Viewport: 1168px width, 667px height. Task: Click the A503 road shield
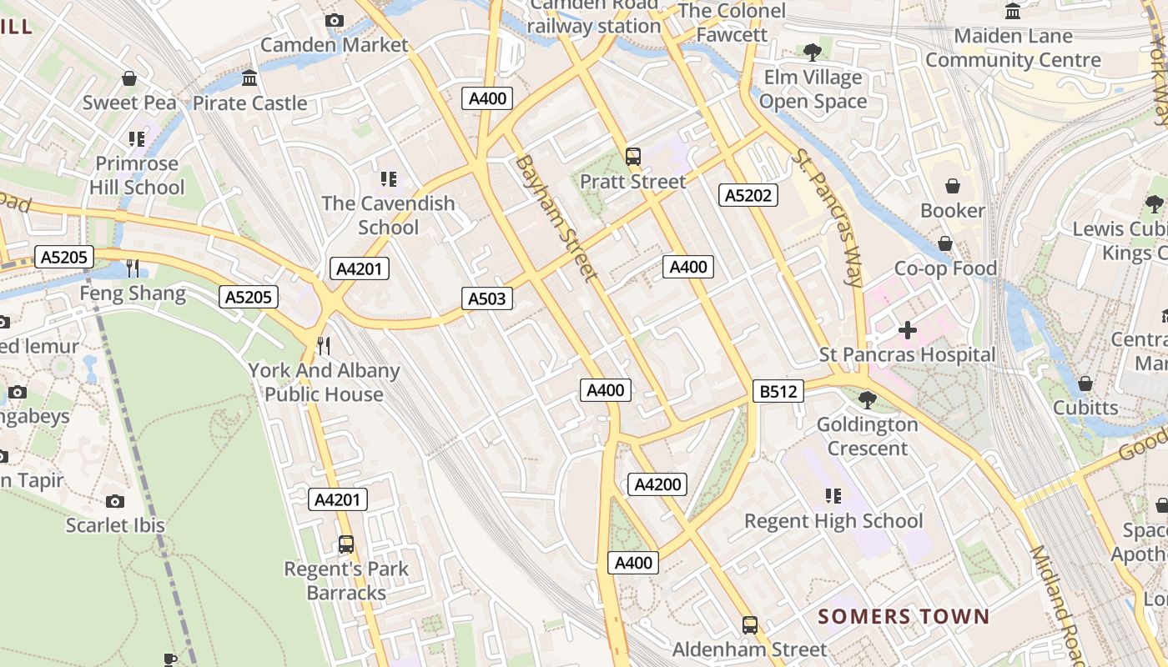tap(487, 298)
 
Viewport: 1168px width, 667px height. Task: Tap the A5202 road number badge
tap(748, 195)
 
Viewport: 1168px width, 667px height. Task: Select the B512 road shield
tap(778, 391)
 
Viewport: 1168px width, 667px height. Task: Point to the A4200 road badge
tap(657, 484)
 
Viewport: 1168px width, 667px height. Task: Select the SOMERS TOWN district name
tap(903, 617)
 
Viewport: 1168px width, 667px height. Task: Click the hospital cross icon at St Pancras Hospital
tap(907, 330)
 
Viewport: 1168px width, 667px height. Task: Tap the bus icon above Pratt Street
tap(633, 156)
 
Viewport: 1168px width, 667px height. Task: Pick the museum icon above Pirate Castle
tap(249, 78)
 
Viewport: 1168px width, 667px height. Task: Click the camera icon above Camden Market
tap(335, 20)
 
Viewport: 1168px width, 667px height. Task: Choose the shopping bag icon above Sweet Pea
tap(129, 78)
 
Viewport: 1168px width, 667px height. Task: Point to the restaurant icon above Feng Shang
tap(133, 268)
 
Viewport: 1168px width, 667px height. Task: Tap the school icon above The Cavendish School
tap(388, 178)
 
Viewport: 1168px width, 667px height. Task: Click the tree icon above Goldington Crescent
tap(868, 399)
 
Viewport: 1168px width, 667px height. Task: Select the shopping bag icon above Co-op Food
tap(945, 243)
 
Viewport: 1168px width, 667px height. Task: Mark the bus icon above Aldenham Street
tap(750, 624)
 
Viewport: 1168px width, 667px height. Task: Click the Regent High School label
tap(833, 521)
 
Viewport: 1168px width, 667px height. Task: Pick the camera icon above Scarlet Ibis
tap(115, 501)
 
